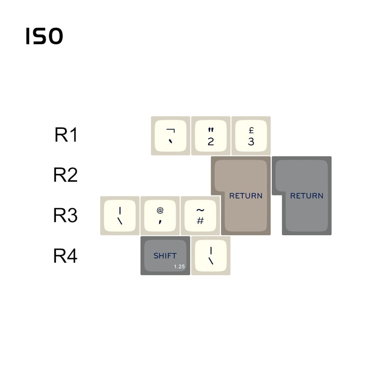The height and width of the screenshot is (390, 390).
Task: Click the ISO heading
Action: (x=44, y=36)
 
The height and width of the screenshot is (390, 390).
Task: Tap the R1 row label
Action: (x=66, y=135)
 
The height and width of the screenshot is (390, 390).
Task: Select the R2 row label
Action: (x=66, y=175)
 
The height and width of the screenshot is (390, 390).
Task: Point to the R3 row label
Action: (x=66, y=215)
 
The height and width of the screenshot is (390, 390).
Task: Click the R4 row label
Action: (x=66, y=256)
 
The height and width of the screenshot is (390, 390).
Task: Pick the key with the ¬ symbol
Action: (x=171, y=136)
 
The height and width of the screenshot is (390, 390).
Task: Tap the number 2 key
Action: (x=211, y=136)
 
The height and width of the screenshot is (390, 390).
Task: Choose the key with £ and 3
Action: (x=251, y=136)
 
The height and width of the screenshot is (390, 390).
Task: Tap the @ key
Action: (x=160, y=216)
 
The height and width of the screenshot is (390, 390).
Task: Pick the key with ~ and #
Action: (x=200, y=216)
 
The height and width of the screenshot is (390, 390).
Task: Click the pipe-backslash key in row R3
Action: (x=120, y=216)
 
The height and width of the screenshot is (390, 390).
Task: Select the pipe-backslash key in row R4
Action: (x=211, y=256)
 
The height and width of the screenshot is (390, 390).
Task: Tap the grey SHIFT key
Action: (x=165, y=256)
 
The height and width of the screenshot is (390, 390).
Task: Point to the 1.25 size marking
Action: (x=179, y=267)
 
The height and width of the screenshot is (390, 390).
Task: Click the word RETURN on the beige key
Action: (x=246, y=196)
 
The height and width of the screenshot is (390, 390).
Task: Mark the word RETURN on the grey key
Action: (x=307, y=196)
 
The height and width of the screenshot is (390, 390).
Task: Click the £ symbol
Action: (x=251, y=130)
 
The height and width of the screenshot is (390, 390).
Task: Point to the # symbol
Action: (x=200, y=220)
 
